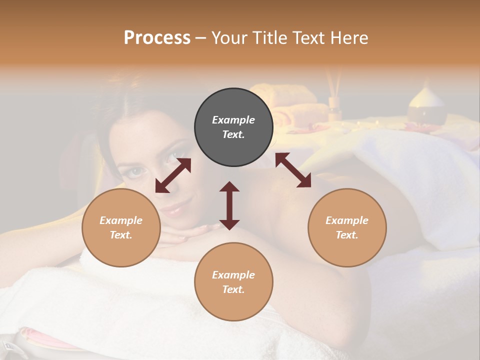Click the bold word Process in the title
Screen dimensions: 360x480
[x=157, y=38]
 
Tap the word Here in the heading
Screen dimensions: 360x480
[x=348, y=38]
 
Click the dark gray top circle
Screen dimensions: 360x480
[x=233, y=127]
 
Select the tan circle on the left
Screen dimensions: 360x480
[x=121, y=227]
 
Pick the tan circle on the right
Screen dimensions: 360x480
[x=347, y=227]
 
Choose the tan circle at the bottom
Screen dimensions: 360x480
[x=233, y=281]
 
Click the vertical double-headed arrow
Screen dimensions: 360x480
[x=229, y=205]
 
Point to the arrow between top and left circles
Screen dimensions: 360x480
[x=173, y=175]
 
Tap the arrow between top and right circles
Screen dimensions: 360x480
[x=293, y=170]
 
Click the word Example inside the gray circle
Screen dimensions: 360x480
[x=233, y=120]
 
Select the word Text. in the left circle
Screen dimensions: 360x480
[x=121, y=235]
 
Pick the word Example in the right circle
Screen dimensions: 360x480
[x=347, y=220]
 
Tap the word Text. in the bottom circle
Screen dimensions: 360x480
[x=233, y=289]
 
